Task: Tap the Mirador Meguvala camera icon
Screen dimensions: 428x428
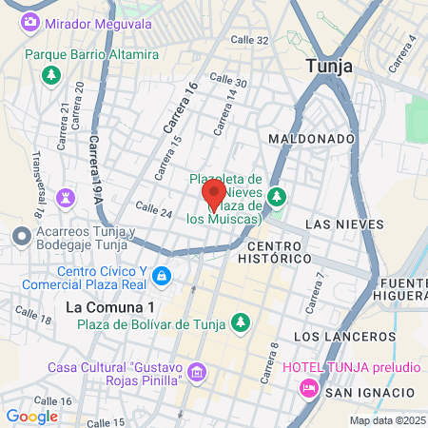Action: coord(30,21)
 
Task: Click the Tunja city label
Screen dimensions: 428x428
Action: coord(329,67)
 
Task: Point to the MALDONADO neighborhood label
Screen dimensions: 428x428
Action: coord(311,138)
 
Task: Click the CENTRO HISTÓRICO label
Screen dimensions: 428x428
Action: coord(272,251)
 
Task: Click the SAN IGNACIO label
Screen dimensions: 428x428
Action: coord(370,393)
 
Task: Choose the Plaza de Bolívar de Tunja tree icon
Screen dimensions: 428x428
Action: coord(241,322)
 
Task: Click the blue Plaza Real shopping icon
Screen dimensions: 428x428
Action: coord(161,276)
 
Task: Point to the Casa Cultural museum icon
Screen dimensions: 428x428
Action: coord(197,370)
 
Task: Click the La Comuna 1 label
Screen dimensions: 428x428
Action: coord(110,307)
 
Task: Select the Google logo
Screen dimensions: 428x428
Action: coord(31,416)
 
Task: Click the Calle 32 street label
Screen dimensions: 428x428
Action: coord(250,40)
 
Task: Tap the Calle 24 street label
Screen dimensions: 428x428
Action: coord(153,209)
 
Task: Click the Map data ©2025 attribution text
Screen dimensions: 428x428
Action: coord(386,420)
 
